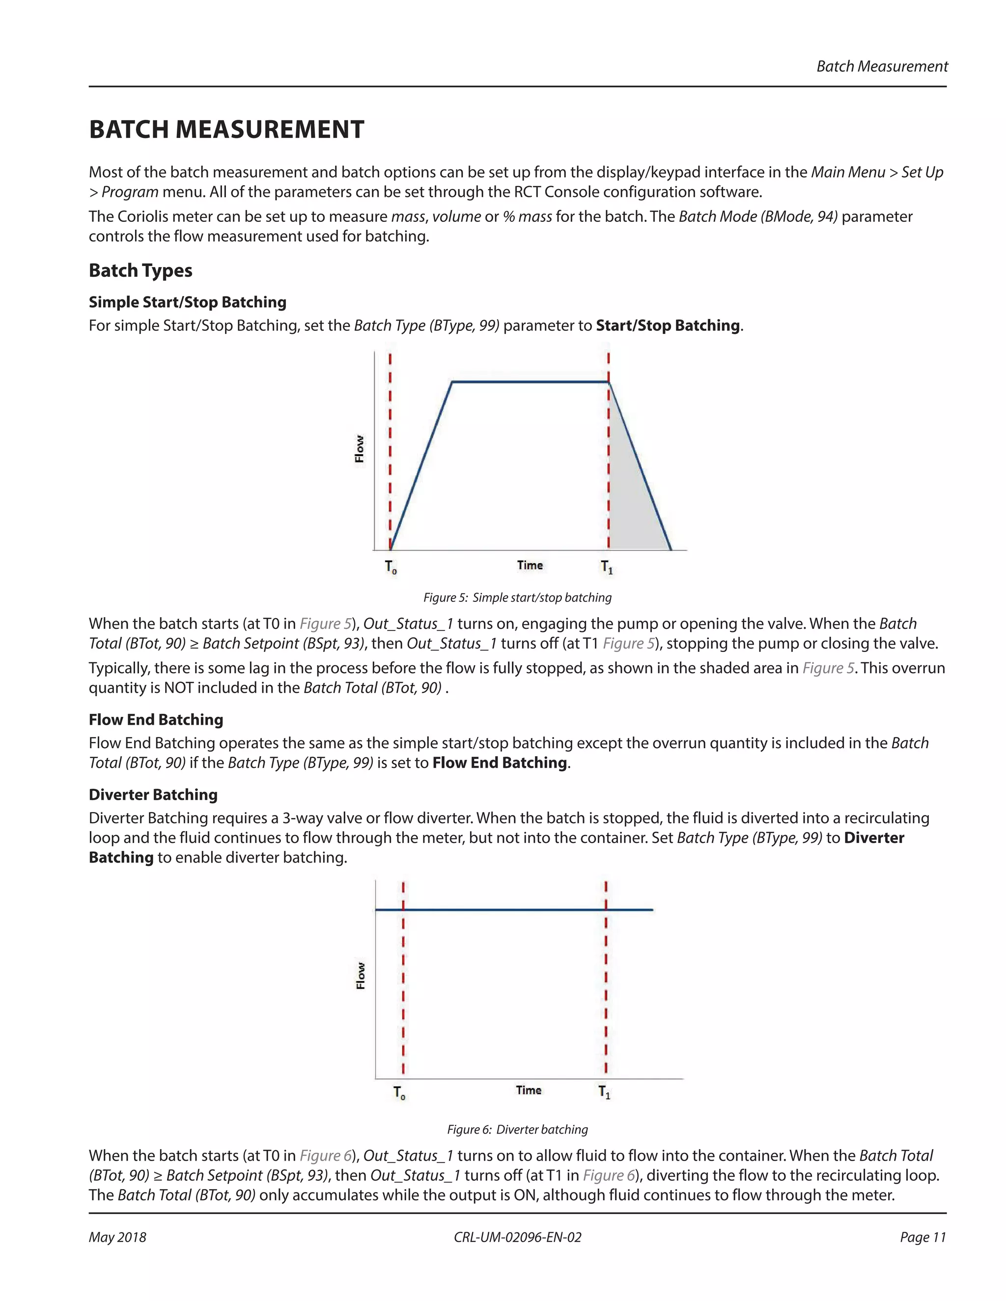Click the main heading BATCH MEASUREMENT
(x=226, y=130)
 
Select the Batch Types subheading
(x=140, y=271)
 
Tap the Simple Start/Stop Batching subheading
(x=187, y=302)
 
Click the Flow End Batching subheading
(x=156, y=720)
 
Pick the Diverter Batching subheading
(x=153, y=795)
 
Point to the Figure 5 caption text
(x=517, y=597)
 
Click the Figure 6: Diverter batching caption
(x=517, y=1130)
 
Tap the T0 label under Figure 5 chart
(x=391, y=567)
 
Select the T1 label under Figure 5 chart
(x=607, y=567)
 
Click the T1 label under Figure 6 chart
(x=604, y=1092)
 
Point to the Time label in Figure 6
(x=529, y=1090)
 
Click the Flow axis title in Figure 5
(x=360, y=449)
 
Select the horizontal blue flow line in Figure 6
(x=506, y=910)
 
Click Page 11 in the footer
(x=922, y=1237)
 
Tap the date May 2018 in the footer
(x=117, y=1237)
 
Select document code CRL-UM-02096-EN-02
(x=517, y=1237)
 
